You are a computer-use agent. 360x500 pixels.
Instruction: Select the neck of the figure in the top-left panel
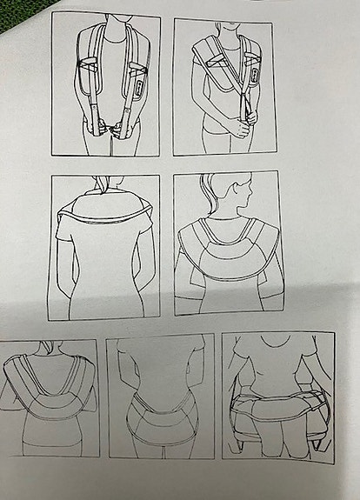tap(107, 26)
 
